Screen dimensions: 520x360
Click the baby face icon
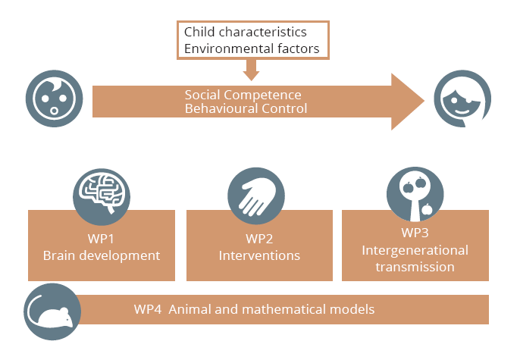tap(55, 99)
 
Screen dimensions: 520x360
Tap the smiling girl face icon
tap(462, 99)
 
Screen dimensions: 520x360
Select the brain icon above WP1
tap(102, 196)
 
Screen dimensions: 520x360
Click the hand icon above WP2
tap(256, 196)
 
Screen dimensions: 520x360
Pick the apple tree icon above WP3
tap(415, 194)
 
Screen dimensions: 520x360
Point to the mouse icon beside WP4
tap(52, 311)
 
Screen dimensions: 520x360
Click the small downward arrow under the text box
tap(251, 70)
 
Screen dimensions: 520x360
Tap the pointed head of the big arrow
tap(424, 101)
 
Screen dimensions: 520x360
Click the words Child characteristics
tap(246, 32)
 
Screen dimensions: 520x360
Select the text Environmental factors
tap(252, 49)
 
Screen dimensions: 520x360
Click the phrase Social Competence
tap(243, 95)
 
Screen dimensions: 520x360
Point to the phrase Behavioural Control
tap(246, 108)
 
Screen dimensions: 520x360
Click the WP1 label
tap(101, 239)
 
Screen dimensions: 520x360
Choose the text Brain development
tap(102, 255)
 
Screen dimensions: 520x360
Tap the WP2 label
tap(259, 239)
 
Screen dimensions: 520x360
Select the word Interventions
tap(259, 255)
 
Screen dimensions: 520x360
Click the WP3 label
tap(415, 233)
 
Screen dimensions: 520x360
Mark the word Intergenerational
tap(415, 251)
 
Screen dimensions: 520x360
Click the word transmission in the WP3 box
tap(415, 267)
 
